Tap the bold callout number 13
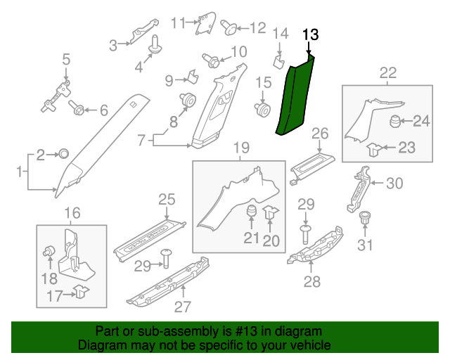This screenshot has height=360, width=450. [310, 34]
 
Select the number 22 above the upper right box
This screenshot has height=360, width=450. [387, 72]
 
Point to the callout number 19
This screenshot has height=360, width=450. [241, 148]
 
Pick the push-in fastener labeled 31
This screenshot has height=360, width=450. [364, 218]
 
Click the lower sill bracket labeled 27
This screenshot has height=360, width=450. [169, 281]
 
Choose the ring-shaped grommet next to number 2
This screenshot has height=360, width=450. [62, 153]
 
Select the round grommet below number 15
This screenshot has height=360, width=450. [264, 110]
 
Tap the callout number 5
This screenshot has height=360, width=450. [66, 58]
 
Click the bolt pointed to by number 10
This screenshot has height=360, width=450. [209, 60]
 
